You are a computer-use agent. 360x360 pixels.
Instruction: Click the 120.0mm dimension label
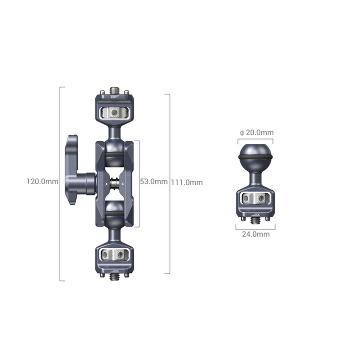[x=42, y=181]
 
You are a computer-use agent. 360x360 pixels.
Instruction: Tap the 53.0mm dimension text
[x=153, y=181]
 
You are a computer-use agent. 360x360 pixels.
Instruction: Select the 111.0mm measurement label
[x=187, y=182]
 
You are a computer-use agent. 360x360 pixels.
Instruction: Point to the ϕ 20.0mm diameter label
[x=256, y=132]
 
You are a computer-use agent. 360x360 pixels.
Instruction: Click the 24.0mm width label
[x=255, y=234]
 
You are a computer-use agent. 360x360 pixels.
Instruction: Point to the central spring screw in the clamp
[x=116, y=183]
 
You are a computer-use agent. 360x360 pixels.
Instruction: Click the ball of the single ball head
[x=255, y=153]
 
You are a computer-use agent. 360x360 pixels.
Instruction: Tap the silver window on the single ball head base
[x=255, y=200]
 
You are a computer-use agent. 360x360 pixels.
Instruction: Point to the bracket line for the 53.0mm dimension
[x=138, y=183]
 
